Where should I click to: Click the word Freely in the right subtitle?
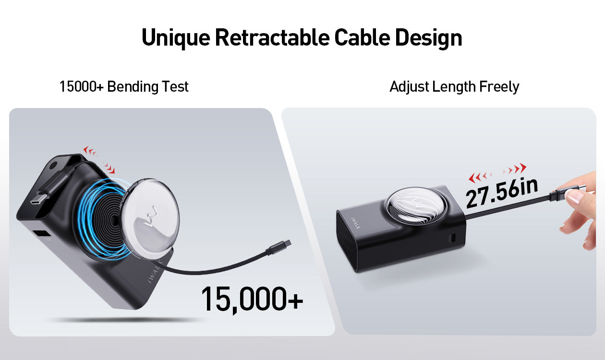[499, 87]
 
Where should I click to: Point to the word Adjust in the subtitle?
[410, 87]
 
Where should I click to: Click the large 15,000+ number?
[252, 299]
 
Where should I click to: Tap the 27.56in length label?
[502, 193]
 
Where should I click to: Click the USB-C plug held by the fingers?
[567, 191]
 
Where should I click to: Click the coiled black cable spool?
[108, 218]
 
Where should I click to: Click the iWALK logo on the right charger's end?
[355, 223]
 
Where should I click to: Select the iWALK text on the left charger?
[155, 271]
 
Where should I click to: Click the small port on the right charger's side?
[453, 238]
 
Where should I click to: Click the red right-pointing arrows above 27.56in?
[514, 169]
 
